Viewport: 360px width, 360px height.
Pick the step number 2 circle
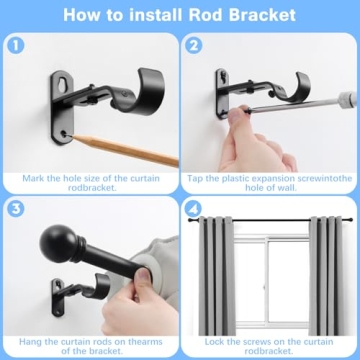pos(195,45)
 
